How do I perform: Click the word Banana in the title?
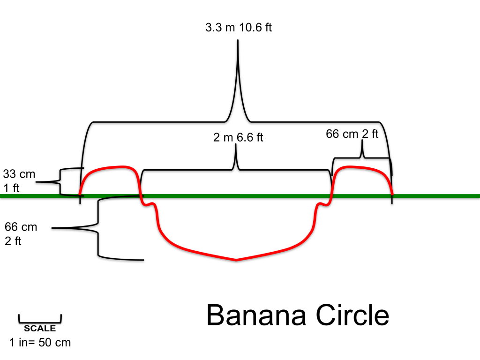(257, 315)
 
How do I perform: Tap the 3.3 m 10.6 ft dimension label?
(239, 27)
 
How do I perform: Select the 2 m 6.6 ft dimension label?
(239, 137)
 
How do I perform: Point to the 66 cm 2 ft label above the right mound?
(352, 134)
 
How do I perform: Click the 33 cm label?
(19, 174)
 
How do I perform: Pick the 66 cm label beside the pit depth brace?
(21, 228)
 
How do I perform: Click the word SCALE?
(40, 329)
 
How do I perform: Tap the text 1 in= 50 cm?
(40, 342)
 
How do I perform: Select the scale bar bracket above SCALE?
(40, 320)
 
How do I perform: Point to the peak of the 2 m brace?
(236, 146)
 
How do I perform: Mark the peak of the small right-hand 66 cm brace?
(362, 142)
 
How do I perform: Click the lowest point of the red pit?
(236, 260)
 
